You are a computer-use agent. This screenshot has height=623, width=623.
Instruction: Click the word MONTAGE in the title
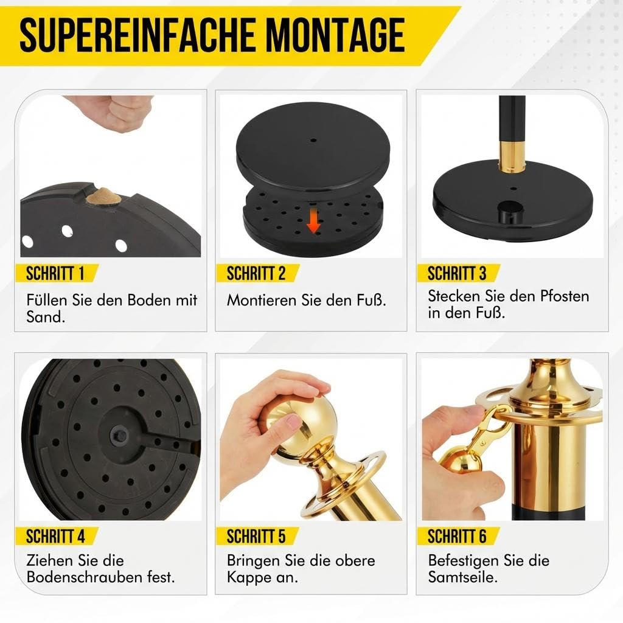coord(335,35)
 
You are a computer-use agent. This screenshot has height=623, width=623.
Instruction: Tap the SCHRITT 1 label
coord(55,273)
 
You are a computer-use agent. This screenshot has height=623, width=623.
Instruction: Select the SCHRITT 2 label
coord(256,273)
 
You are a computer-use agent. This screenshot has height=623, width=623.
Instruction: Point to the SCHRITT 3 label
coord(457,273)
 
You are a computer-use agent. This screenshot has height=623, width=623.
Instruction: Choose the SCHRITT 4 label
coord(55,537)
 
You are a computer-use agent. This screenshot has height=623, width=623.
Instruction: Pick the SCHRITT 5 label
coord(256,537)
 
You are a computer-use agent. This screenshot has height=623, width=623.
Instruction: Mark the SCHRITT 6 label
coord(457,537)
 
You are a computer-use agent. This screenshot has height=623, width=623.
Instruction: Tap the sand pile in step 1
coord(102,197)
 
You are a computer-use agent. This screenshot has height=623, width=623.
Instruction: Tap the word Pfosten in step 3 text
coord(564,296)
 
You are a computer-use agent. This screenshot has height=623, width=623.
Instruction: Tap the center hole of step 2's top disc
coord(313,141)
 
